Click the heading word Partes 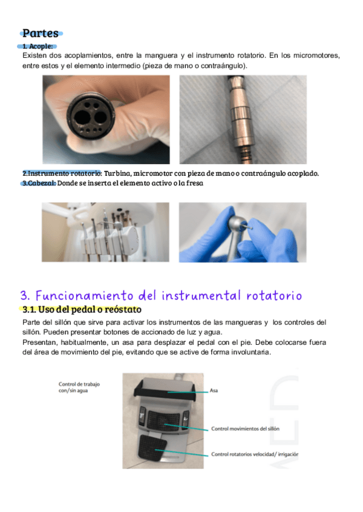41,33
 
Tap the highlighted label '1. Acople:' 38,46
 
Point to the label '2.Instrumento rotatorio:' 62,173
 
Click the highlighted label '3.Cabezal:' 39,183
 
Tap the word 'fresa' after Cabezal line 195,183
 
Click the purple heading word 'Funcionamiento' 85,295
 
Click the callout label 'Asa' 214,391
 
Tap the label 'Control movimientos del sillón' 245,429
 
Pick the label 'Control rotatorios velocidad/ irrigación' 255,454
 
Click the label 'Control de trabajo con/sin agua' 79,387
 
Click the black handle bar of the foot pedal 165,389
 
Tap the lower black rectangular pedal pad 152,447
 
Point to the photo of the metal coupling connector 243,120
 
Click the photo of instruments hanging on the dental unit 105,232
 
